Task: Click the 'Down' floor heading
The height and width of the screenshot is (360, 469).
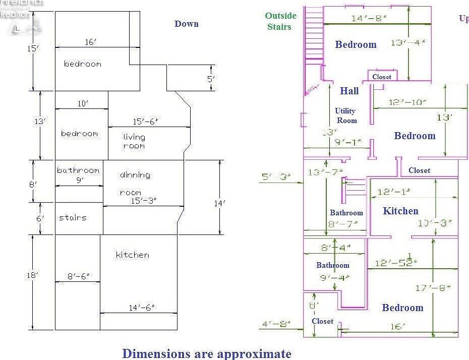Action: coord(187,24)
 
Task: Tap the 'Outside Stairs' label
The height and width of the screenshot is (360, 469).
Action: coord(280,21)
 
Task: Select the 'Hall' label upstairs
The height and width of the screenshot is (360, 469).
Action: coord(349,91)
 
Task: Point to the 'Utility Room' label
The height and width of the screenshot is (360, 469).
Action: coord(345,115)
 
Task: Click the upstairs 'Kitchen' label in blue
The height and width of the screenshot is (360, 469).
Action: coord(400,211)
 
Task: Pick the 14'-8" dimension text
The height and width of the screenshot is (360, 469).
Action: coord(369,18)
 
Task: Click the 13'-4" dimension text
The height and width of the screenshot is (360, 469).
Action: coord(407,42)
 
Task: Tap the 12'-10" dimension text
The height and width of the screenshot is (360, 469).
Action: coord(407,102)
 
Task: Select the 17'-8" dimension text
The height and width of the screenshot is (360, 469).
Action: coord(433,288)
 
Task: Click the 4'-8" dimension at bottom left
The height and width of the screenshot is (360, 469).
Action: coord(274,324)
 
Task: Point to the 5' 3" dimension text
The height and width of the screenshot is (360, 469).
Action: coord(274,176)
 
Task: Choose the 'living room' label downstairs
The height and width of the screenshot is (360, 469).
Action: coord(134,141)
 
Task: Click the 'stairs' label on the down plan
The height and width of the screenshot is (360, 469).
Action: coord(73,218)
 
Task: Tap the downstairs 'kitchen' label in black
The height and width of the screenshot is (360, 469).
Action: coord(132,255)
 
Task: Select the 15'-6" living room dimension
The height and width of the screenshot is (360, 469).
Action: coord(146,122)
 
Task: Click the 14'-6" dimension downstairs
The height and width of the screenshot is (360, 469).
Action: coord(141,308)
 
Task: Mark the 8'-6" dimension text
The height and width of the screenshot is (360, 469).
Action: coord(79,276)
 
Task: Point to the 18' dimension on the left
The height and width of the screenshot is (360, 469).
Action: coord(33,275)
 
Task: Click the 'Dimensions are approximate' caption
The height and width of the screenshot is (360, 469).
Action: coord(207,353)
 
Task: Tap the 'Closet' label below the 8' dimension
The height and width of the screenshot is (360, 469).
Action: coord(322,321)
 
